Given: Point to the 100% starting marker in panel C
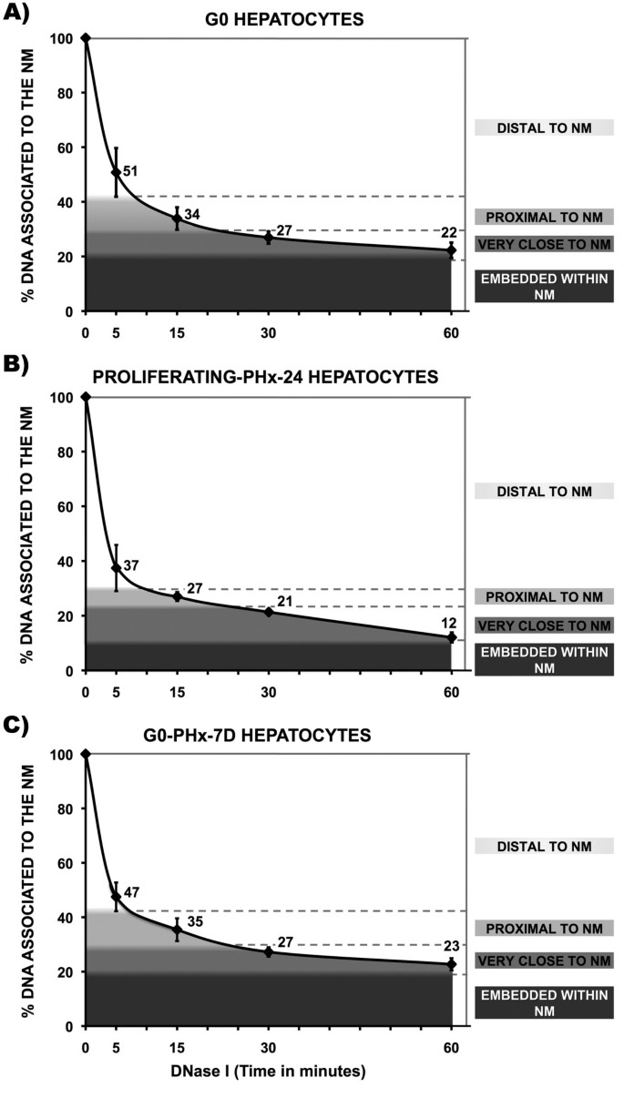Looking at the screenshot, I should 85,754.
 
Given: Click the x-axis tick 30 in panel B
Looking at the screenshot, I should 268,689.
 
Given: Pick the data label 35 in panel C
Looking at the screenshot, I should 195,921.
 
